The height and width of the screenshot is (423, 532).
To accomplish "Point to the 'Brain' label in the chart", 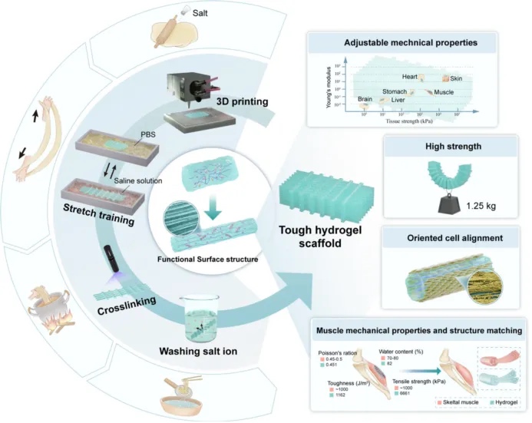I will click(x=365, y=99).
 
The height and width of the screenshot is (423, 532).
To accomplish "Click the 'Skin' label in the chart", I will click(x=456, y=78).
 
